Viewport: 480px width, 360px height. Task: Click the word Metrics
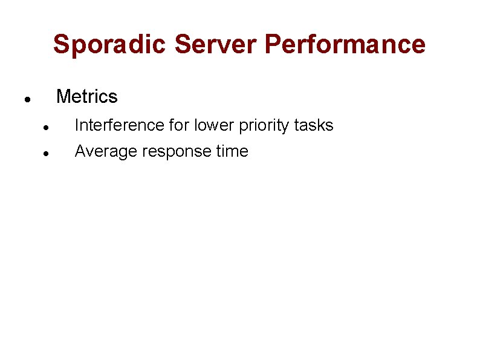(x=86, y=97)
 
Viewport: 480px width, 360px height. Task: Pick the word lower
(x=208, y=125)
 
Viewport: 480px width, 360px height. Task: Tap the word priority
(x=259, y=126)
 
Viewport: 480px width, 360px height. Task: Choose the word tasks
(x=314, y=125)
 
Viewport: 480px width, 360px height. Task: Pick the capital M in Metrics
(x=63, y=97)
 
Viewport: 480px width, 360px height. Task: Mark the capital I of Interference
(x=77, y=125)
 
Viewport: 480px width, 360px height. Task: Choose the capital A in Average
(x=80, y=151)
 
